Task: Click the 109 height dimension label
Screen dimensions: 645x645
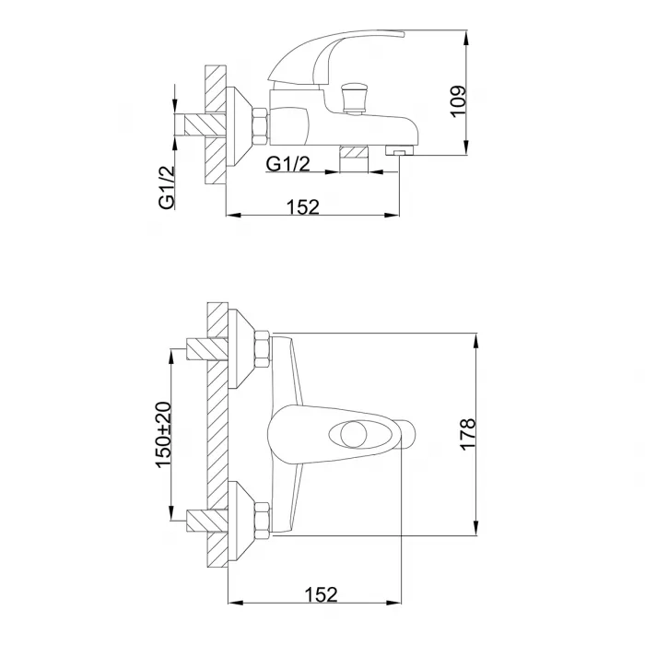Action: (x=458, y=101)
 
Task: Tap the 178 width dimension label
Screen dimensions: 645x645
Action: (x=468, y=435)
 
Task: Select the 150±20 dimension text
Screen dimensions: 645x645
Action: (x=163, y=435)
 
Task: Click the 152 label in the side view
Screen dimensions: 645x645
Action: (x=303, y=207)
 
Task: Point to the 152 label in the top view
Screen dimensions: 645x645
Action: (x=321, y=594)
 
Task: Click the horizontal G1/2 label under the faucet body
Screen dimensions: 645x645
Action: (x=287, y=164)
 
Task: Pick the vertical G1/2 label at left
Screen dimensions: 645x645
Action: (x=167, y=188)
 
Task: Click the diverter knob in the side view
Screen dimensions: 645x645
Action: (x=353, y=98)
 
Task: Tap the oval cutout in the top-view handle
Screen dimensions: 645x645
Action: (x=348, y=434)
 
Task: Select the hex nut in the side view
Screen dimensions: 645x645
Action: (x=260, y=126)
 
